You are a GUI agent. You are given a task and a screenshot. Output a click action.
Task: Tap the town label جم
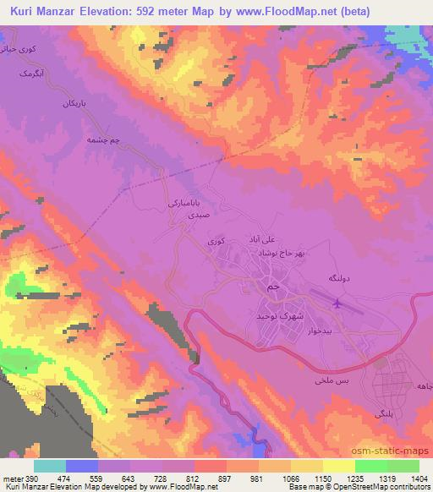pos(271,288)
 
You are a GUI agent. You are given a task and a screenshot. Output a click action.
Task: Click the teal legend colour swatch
pos(50,466)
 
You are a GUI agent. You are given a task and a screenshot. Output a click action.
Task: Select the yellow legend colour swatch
pos(337,466)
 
